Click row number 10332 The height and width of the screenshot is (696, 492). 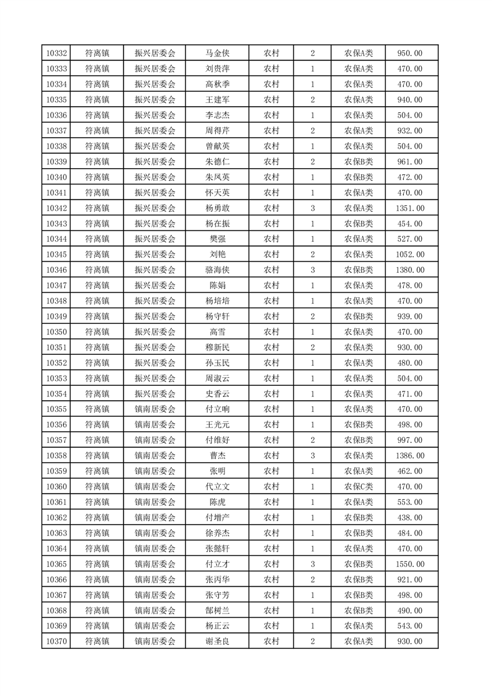tap(56, 53)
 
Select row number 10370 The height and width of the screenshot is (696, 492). tap(56, 641)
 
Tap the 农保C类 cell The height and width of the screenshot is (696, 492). tap(359, 487)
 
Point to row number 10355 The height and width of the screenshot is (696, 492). tap(56, 409)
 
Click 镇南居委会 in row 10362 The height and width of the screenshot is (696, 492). tap(155, 518)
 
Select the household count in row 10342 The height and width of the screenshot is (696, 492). tap(312, 208)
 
